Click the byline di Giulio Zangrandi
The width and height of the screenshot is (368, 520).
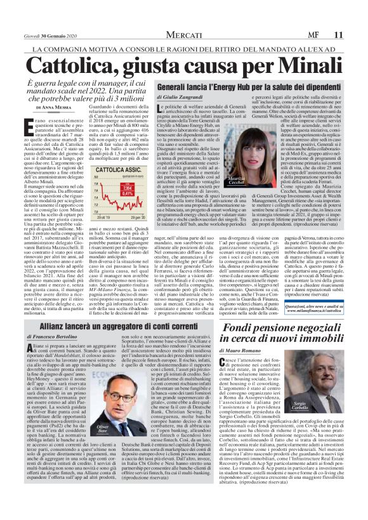(184, 97)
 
